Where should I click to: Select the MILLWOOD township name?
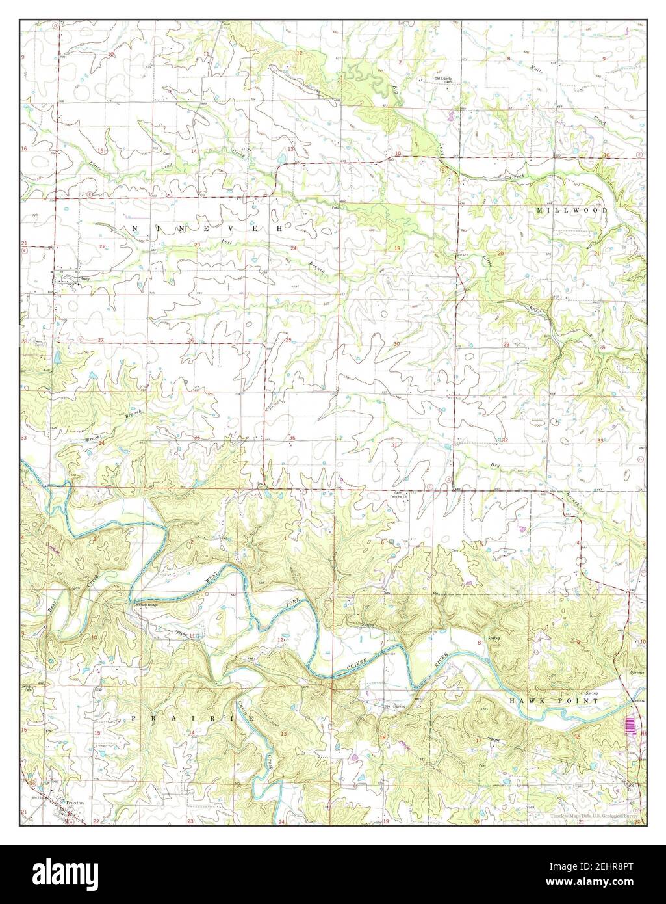pos(572,211)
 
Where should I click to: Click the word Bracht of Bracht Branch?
pos(96,440)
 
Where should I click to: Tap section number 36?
pos(292,438)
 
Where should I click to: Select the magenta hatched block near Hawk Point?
pos(629,725)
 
